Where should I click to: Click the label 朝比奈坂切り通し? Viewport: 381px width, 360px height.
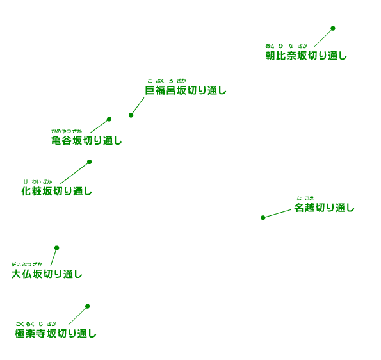(x=306, y=56)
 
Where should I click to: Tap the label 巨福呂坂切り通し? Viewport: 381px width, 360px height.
(x=186, y=90)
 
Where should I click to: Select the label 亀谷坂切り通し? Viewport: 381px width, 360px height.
(x=86, y=141)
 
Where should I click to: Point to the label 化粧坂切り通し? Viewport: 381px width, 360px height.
(x=57, y=192)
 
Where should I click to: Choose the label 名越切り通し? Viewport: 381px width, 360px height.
(x=324, y=208)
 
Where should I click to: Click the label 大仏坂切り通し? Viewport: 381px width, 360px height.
(x=47, y=274)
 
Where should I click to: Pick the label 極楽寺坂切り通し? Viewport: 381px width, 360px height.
(x=56, y=334)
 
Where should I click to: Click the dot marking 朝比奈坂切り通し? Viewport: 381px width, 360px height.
(x=333, y=28)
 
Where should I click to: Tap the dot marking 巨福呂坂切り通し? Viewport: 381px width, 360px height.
(x=131, y=115)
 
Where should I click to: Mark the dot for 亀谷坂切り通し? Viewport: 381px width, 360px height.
(x=109, y=119)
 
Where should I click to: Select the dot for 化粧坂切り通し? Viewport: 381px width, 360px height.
(x=90, y=161)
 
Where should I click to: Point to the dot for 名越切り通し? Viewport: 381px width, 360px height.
(x=263, y=218)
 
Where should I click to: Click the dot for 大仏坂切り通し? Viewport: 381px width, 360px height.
(x=56, y=248)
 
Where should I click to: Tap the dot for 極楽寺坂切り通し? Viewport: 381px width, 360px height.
(x=88, y=306)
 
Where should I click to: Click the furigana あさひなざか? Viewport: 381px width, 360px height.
(x=286, y=46)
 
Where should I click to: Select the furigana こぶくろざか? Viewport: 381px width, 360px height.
(x=166, y=81)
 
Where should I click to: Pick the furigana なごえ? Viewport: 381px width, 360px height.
(x=305, y=199)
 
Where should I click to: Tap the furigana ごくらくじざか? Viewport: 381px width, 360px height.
(x=36, y=324)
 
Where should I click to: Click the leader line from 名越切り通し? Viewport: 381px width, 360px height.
(x=277, y=213)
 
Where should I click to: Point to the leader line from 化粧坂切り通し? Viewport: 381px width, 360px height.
(x=74, y=173)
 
